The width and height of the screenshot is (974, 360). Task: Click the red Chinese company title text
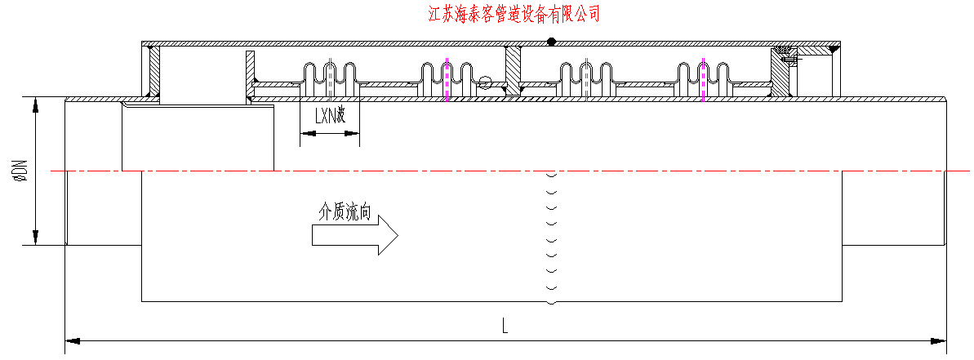[x=514, y=14]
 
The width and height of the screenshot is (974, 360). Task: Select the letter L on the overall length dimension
[x=505, y=327]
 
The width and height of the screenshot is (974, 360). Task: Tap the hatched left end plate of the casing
[x=152, y=72]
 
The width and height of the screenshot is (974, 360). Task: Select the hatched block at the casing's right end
[x=781, y=75]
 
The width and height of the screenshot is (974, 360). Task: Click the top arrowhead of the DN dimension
[x=36, y=103]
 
